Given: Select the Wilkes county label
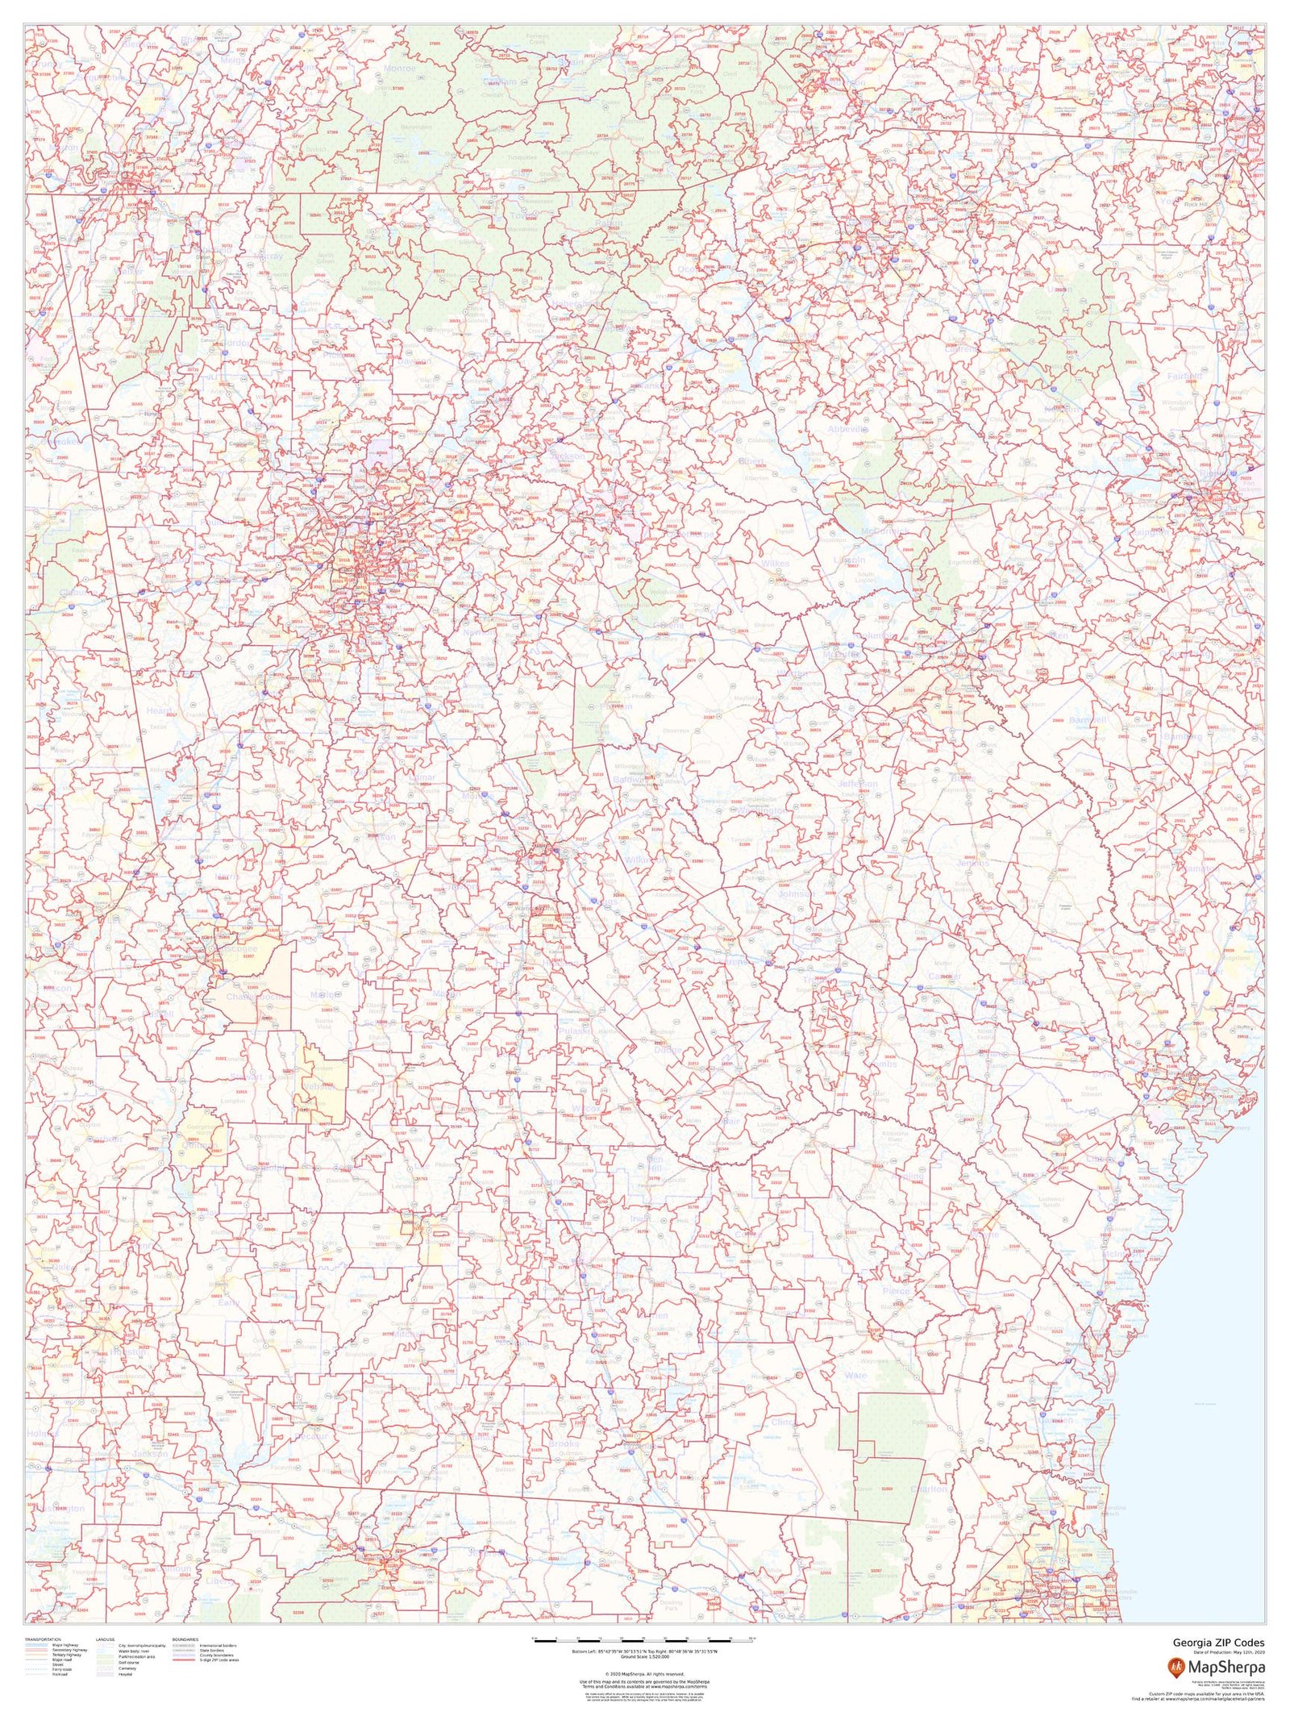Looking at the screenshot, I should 775,564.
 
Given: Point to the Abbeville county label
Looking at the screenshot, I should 847,429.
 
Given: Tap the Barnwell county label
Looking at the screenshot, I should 1088,719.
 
